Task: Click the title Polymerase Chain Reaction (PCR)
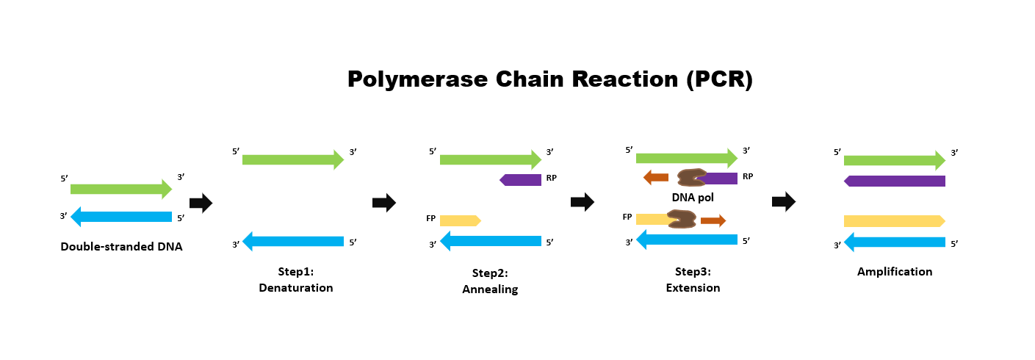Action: (x=549, y=79)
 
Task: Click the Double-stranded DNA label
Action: (x=121, y=247)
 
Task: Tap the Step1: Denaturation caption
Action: (x=295, y=280)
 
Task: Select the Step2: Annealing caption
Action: (x=490, y=281)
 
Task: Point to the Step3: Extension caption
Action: (x=693, y=280)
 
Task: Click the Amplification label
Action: (x=894, y=272)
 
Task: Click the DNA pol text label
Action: (x=693, y=197)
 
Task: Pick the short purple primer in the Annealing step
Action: (x=521, y=179)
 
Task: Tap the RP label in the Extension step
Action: (x=747, y=176)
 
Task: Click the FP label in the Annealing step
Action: (x=430, y=218)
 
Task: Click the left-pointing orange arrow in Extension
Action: (x=655, y=177)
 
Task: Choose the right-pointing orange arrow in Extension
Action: (x=713, y=220)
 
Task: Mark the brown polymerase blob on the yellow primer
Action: (x=681, y=218)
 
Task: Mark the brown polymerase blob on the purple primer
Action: (x=691, y=177)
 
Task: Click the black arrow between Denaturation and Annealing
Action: (x=383, y=202)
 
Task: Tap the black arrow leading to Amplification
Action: (x=783, y=202)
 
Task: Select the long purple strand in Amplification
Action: (x=894, y=181)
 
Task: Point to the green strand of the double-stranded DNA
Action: (x=120, y=189)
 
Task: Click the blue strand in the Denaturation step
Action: (x=293, y=241)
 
